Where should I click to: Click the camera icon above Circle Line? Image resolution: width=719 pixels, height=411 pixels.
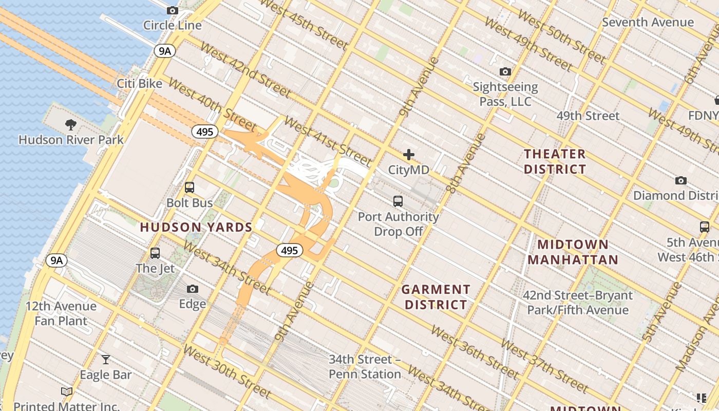tap(173, 10)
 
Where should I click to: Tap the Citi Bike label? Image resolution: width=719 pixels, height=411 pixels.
tap(139, 84)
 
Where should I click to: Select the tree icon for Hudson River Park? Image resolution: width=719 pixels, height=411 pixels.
tap(71, 124)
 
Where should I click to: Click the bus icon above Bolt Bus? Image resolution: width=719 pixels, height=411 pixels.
tap(190, 188)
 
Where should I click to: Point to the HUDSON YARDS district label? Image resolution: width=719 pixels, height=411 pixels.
tap(196, 227)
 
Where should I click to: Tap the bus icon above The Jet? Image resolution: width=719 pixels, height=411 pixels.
tap(155, 253)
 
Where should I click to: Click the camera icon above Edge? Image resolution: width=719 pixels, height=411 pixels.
tap(193, 289)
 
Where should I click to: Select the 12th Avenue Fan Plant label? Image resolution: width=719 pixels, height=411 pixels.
tap(61, 313)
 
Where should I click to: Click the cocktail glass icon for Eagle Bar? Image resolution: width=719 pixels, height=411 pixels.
tap(106, 359)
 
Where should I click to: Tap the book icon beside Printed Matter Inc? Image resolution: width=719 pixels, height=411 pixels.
tap(67, 392)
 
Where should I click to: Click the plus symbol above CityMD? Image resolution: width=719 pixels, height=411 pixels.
tap(409, 155)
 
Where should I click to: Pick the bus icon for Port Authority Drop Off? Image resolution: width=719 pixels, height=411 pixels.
tap(398, 201)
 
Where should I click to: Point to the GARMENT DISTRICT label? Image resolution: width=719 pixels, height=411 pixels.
tap(436, 297)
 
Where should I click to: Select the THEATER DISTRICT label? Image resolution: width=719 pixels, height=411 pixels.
tap(555, 161)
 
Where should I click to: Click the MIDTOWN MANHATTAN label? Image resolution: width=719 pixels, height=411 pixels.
tap(573, 252)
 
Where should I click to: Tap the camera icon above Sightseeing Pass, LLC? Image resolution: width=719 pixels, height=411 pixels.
tap(505, 71)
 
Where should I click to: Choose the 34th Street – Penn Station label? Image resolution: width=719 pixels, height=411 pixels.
tap(365, 366)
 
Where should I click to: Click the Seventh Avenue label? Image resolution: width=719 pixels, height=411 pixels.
tap(648, 22)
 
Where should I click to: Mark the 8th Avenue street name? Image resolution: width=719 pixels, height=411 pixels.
tap(466, 163)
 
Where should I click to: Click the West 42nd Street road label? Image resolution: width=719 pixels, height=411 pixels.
tap(245, 70)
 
